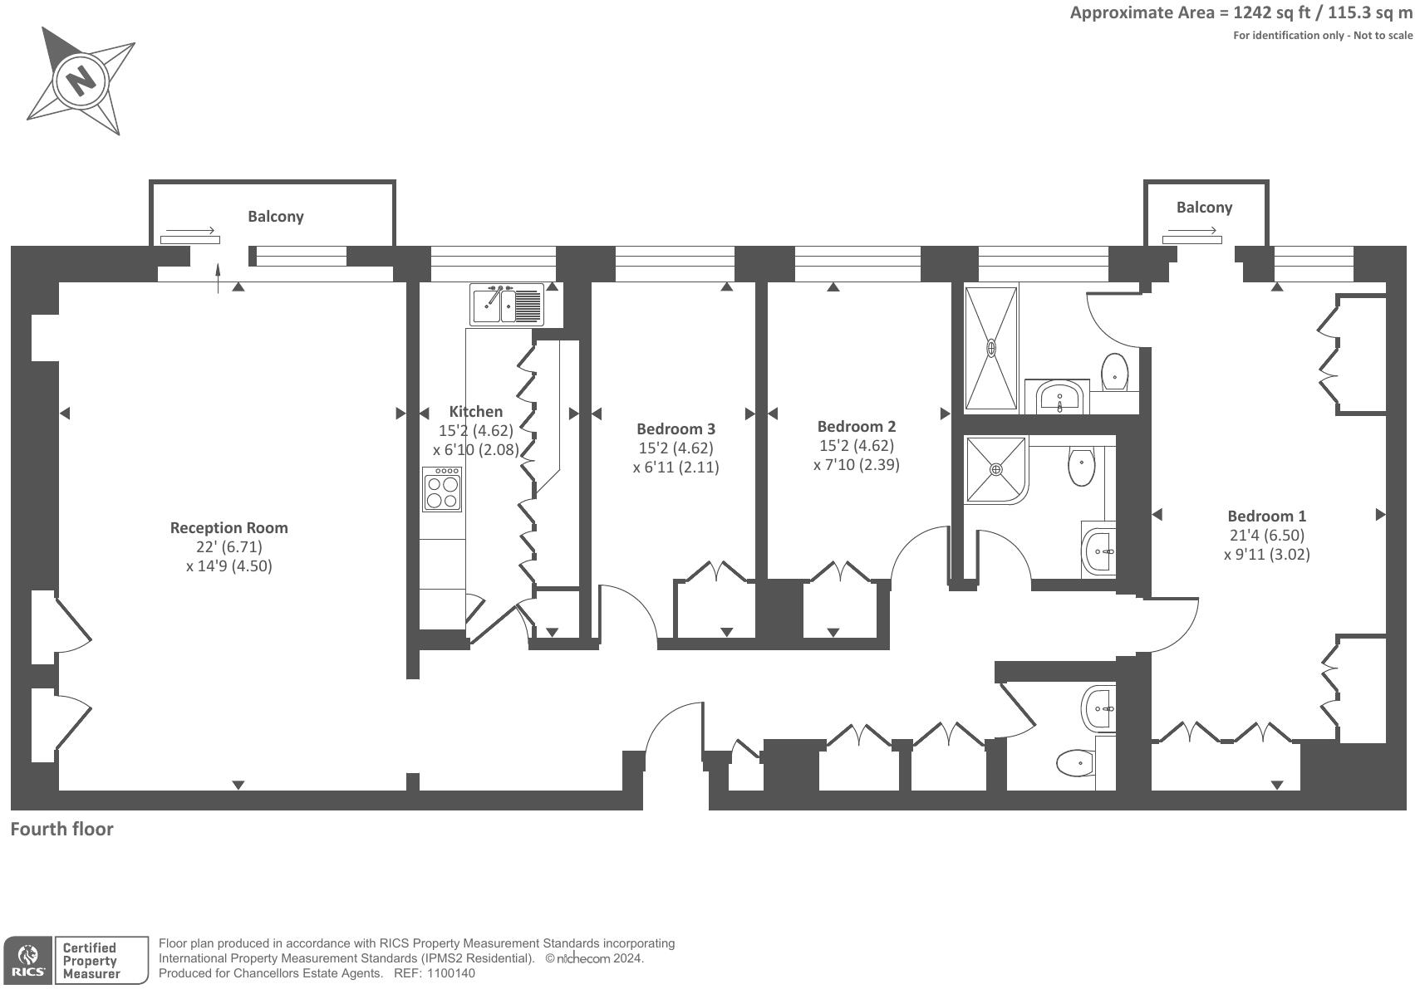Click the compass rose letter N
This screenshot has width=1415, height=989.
(x=81, y=81)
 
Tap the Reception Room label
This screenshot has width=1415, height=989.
(x=228, y=527)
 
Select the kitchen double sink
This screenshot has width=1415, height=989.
(x=507, y=305)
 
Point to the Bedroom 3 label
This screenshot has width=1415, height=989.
(x=676, y=428)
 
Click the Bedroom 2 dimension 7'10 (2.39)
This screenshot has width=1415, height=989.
(x=856, y=464)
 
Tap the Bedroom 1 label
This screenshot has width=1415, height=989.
(x=1266, y=516)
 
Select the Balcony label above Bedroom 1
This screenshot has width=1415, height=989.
(x=1204, y=208)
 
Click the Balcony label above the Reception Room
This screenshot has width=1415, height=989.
(x=276, y=216)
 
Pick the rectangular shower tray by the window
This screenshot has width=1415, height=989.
(x=991, y=349)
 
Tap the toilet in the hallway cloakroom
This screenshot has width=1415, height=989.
(x=1074, y=761)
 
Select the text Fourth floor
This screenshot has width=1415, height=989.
(x=61, y=829)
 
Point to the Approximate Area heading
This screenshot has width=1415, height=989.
(x=1240, y=12)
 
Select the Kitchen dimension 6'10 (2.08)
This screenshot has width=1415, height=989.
(x=475, y=449)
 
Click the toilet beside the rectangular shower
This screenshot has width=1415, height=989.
(x=1114, y=371)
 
